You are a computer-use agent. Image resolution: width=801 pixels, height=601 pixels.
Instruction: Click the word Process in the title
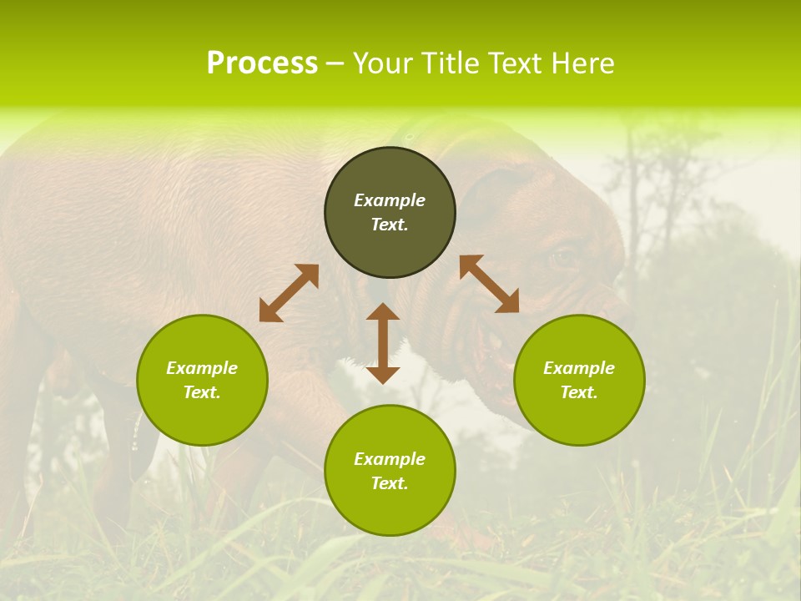coord(262,63)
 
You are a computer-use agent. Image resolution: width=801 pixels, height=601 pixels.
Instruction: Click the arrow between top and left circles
coord(289,292)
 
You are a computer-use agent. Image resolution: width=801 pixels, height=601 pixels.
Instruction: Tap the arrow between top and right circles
coord(489,284)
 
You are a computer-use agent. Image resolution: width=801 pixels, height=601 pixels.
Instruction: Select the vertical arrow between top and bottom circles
coord(383,343)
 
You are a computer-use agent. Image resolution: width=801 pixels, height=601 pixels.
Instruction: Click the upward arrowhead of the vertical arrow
coord(383,312)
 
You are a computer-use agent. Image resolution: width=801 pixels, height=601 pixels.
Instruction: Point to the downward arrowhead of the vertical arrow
coord(383,374)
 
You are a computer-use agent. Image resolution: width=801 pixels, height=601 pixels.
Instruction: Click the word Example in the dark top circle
coord(390,200)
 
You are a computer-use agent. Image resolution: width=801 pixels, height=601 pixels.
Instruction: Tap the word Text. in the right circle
coord(579,392)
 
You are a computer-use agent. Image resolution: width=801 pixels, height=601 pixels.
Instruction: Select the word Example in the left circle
coord(202,368)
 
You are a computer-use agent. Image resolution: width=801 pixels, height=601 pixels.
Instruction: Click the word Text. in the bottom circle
coord(390,483)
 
